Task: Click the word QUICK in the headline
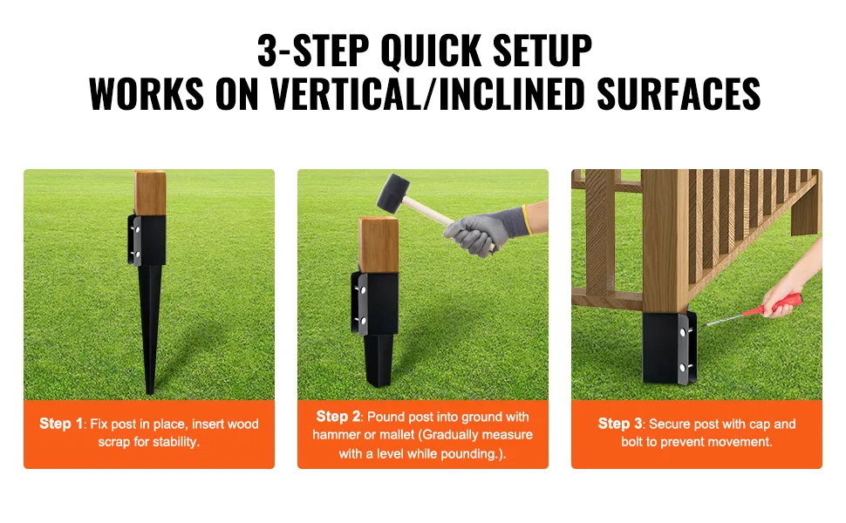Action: click(x=431, y=51)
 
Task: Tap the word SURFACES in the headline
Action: click(x=679, y=94)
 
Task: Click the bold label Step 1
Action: click(x=61, y=424)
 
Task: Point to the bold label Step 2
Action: click(x=338, y=417)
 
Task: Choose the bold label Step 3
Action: click(x=620, y=424)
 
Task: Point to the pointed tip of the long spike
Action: click(x=150, y=393)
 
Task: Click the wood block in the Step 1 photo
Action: click(x=150, y=193)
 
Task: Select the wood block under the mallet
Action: click(x=379, y=245)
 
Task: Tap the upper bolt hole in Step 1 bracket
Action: click(x=137, y=230)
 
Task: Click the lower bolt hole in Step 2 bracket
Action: click(x=363, y=320)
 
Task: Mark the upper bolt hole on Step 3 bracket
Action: click(x=683, y=333)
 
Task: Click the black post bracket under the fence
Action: click(x=669, y=347)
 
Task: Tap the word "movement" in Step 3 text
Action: click(x=745, y=442)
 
